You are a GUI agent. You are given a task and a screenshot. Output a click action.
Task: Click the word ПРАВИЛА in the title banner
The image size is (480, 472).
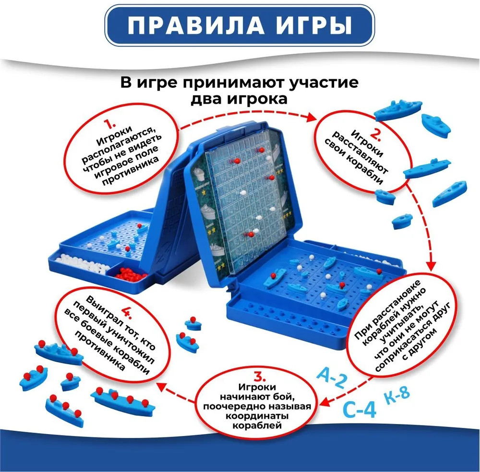point(196,25)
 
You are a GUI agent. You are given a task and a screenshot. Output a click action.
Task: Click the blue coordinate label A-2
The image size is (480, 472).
point(332,378)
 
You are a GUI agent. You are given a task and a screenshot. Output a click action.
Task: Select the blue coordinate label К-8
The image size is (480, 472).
point(397,396)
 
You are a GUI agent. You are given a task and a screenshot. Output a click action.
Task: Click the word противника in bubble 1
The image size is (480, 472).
point(131,171)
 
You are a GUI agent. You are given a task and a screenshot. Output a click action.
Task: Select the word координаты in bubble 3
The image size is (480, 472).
point(257,416)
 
